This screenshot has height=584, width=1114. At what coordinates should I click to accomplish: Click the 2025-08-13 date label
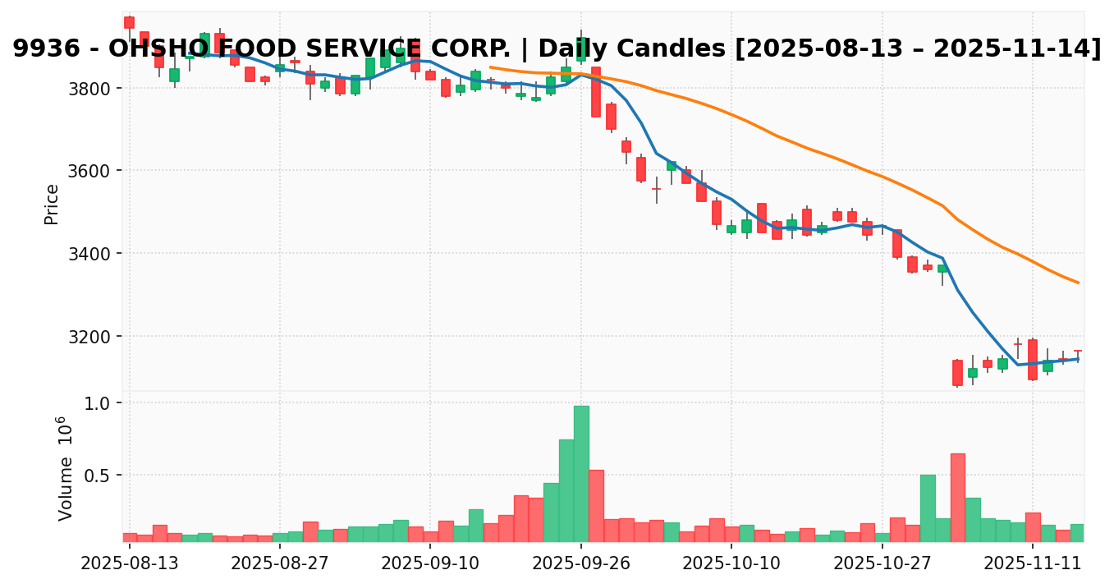(129, 564)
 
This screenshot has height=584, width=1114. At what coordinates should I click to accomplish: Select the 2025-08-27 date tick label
(279, 564)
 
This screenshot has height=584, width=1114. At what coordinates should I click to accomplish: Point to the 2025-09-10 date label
(430, 564)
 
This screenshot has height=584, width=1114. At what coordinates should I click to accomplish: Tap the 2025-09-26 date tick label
(581, 564)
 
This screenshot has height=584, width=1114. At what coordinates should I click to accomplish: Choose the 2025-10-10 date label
(731, 564)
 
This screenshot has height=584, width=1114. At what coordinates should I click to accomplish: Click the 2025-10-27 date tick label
(882, 564)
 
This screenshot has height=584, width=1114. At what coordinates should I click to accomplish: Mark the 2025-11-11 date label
(1033, 564)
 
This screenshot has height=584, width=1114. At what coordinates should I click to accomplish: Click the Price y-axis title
(52, 204)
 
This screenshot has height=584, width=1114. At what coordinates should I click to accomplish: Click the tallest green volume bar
(581, 473)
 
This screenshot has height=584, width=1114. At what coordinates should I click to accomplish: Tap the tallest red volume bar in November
(957, 497)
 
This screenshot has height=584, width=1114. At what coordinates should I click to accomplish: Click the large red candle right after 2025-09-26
(596, 92)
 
